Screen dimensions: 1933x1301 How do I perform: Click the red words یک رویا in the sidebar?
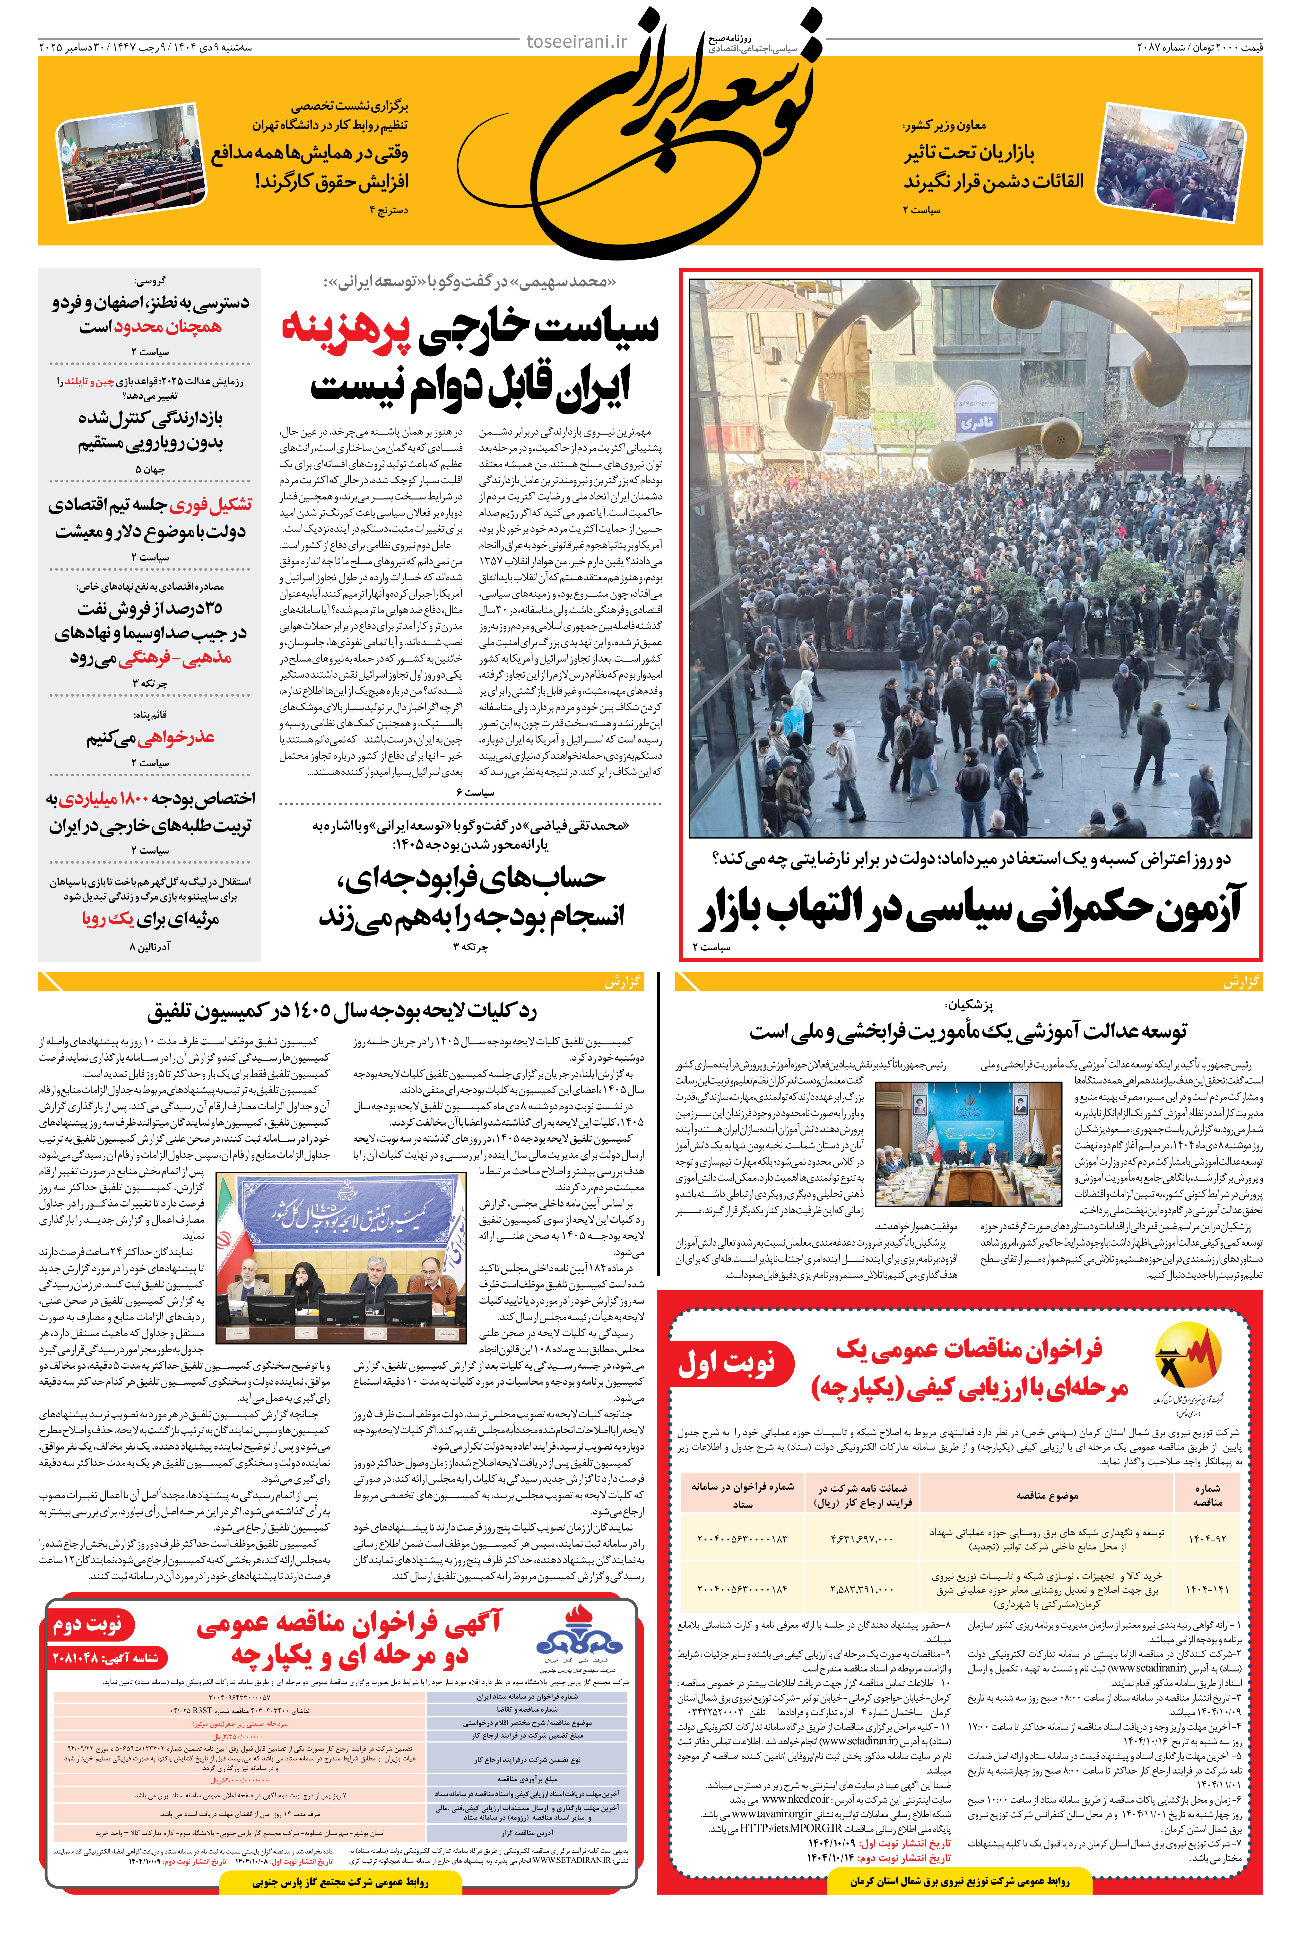pyautogui.click(x=108, y=919)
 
